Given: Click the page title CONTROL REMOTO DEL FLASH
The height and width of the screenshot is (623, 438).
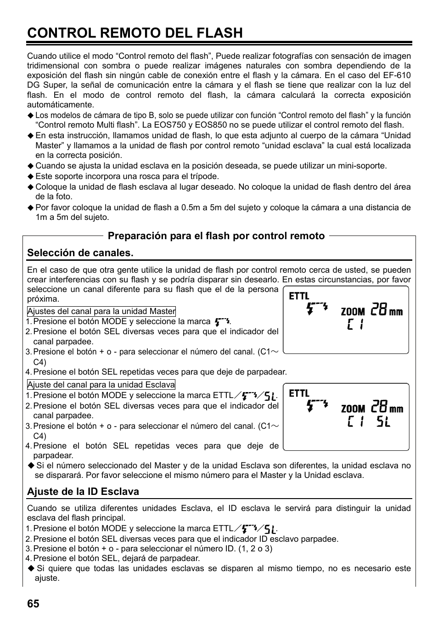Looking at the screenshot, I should pos(135,33).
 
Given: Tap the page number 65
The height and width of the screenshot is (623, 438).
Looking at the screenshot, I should pos(33,604).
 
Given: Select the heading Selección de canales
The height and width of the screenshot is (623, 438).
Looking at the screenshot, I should pos(80,253).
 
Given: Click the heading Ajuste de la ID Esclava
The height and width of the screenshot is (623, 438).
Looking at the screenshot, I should pos(83,492).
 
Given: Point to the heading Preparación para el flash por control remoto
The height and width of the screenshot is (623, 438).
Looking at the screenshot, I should pos(216,236).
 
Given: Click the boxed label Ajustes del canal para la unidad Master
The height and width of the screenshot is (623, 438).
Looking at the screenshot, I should pos(101,311).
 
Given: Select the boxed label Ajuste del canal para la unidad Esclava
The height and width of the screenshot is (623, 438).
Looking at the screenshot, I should pos(101,385).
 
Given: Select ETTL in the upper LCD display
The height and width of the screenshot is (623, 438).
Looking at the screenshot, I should pos(299,297).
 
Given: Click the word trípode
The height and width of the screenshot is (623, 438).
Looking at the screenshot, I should pos(202,176).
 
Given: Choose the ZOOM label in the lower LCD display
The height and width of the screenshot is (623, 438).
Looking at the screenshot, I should pos(353,409).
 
